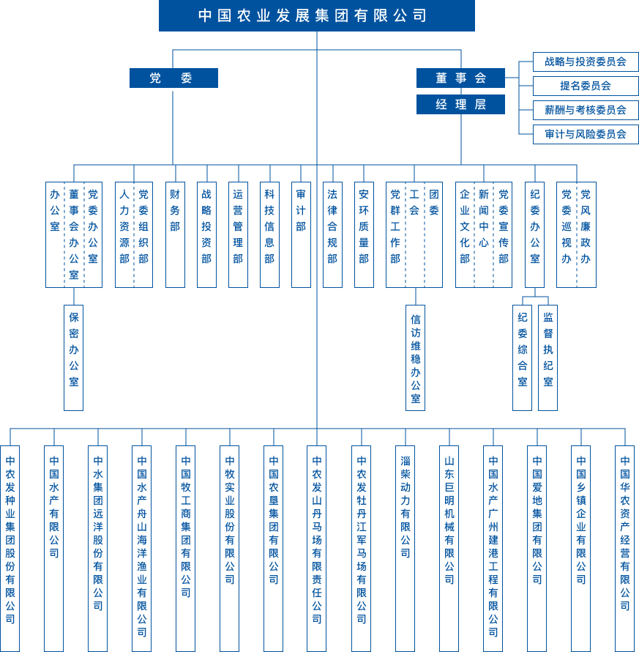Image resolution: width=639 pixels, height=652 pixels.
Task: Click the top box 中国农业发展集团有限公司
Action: [x=316, y=15]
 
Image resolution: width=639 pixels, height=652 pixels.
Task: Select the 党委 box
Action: [x=173, y=78]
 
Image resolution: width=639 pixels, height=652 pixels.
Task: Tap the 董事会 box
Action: [x=460, y=78]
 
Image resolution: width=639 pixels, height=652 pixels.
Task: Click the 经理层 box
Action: [x=460, y=105]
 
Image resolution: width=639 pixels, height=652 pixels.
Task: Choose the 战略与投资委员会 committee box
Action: [x=586, y=62]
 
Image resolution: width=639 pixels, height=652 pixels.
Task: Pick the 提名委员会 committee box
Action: [x=586, y=86]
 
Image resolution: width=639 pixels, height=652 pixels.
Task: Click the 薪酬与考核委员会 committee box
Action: [x=586, y=110]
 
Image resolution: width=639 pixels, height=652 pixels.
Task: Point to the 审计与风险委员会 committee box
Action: [x=586, y=134]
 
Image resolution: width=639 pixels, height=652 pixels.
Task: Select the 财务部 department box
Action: [x=175, y=234]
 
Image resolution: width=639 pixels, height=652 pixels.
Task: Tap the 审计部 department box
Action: [x=301, y=234]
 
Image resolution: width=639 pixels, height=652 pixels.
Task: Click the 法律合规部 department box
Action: [x=332, y=234]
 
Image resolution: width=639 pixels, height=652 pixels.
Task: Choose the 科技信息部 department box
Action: [x=269, y=234]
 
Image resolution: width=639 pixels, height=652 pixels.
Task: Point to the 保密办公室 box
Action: [x=73, y=358]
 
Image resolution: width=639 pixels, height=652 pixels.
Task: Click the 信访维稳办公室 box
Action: [x=415, y=358]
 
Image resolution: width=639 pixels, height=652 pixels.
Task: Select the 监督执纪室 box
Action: [x=548, y=358]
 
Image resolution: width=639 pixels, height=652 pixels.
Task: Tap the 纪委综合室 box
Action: [x=522, y=358]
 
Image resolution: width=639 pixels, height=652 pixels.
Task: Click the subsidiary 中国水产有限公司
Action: [x=53, y=548]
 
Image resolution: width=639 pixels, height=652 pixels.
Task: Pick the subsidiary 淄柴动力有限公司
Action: [x=405, y=548]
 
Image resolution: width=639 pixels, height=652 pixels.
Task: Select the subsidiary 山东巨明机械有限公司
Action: [x=449, y=548]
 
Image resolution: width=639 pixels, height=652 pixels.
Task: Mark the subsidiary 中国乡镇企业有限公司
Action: [x=580, y=548]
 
